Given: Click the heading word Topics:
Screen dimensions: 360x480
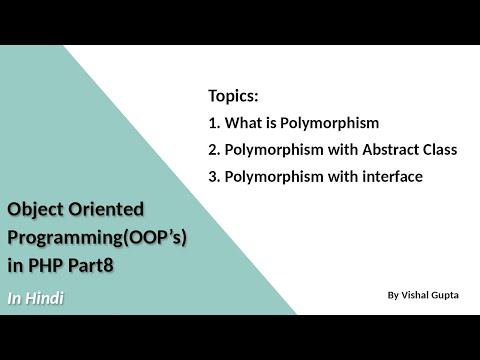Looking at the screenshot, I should (233, 96).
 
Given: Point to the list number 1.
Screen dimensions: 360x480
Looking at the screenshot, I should (213, 124).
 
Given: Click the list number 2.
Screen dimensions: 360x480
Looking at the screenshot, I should (213, 150).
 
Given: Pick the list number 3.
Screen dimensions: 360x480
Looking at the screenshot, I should (213, 177).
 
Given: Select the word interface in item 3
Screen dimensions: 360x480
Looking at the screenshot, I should (389, 177).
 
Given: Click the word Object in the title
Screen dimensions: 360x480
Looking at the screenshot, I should (34, 210).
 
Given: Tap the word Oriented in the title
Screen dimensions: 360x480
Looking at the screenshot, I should (107, 210).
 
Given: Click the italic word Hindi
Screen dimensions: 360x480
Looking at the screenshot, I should (45, 297).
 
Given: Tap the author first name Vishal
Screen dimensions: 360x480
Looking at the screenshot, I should (419, 296).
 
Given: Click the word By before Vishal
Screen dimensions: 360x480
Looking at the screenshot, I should (392, 296).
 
